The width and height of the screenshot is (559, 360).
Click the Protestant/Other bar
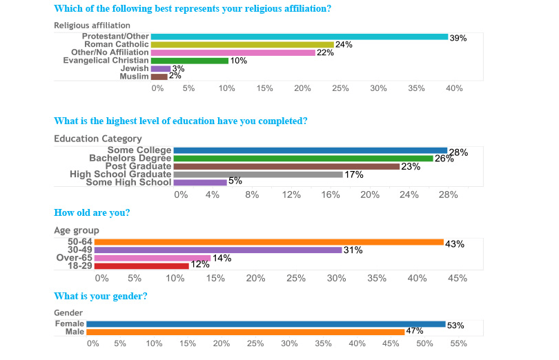pos(299,37)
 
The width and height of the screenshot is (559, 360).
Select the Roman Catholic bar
pos(242,45)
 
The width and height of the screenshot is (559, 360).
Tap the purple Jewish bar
pos(161,68)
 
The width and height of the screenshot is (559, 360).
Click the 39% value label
pos(458,38)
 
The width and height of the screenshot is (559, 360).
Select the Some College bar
pos(310,150)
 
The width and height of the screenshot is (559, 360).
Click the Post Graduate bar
pos(286,166)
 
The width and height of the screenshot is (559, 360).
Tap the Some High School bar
pos(200,183)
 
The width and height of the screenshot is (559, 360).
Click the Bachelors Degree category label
pos(130,158)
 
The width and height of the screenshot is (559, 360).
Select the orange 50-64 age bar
pos(268,242)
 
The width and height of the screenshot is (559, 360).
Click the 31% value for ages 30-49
pos(353,250)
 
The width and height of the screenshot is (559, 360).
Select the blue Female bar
pos(266,323)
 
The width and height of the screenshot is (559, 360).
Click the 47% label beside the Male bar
pos(414,331)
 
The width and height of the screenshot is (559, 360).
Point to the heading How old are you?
pos(92,212)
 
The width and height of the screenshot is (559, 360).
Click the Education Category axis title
pos(98,139)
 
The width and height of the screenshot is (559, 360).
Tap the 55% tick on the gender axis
pos(459,343)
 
